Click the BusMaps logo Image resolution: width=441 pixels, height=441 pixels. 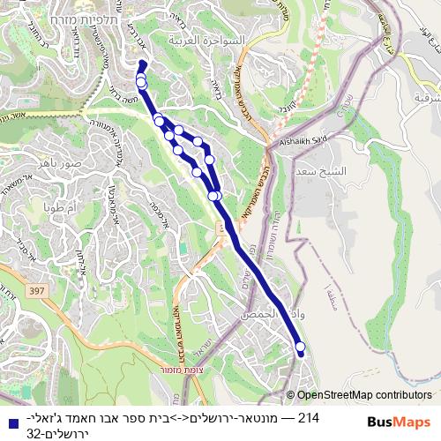coord(399,422)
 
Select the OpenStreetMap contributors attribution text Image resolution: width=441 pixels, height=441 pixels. coord(364,396)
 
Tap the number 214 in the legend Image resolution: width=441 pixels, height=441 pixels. coord(310,417)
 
